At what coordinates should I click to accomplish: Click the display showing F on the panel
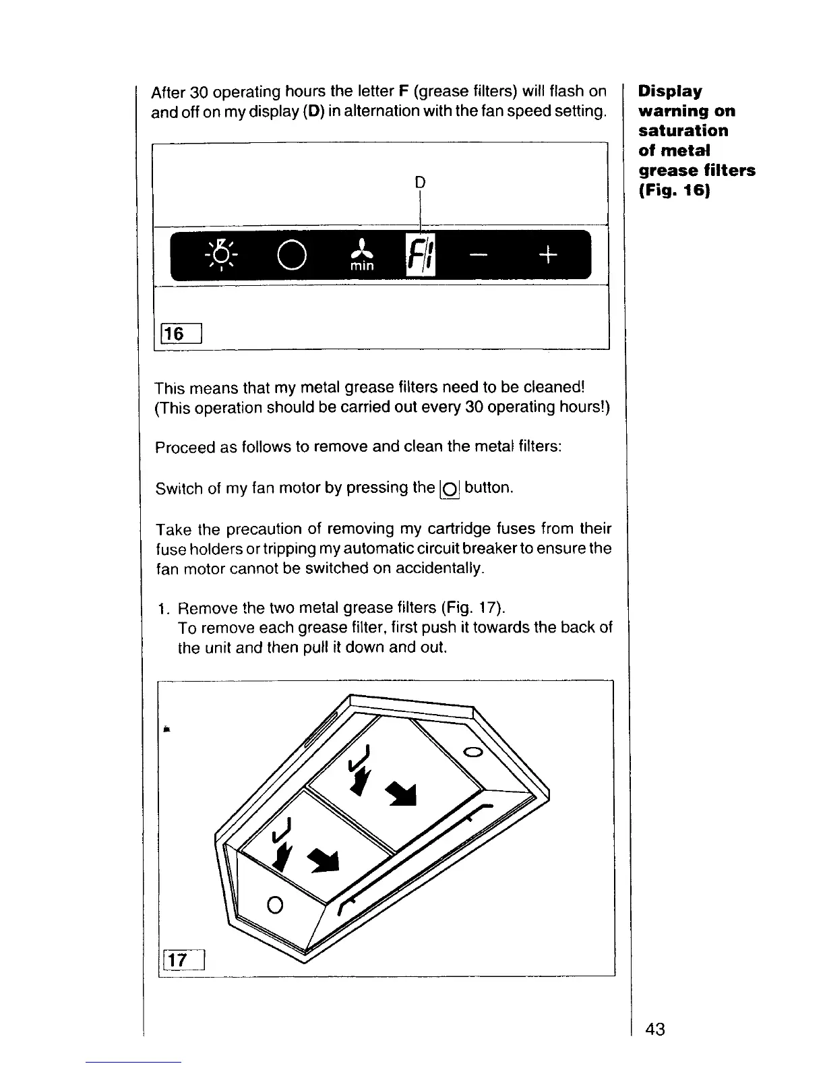click(419, 255)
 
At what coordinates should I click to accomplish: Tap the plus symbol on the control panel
click(549, 255)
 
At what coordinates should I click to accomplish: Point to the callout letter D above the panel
click(420, 182)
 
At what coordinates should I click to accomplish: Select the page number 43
click(654, 1030)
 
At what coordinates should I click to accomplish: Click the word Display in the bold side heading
click(670, 91)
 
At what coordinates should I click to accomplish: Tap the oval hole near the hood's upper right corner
click(474, 752)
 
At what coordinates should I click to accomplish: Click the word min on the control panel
click(362, 266)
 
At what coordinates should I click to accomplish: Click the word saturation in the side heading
click(683, 130)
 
